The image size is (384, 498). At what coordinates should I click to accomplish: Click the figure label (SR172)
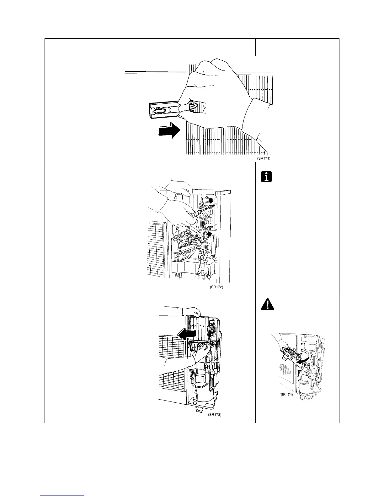point(216,287)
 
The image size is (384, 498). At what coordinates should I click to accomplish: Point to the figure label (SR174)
point(286,395)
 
